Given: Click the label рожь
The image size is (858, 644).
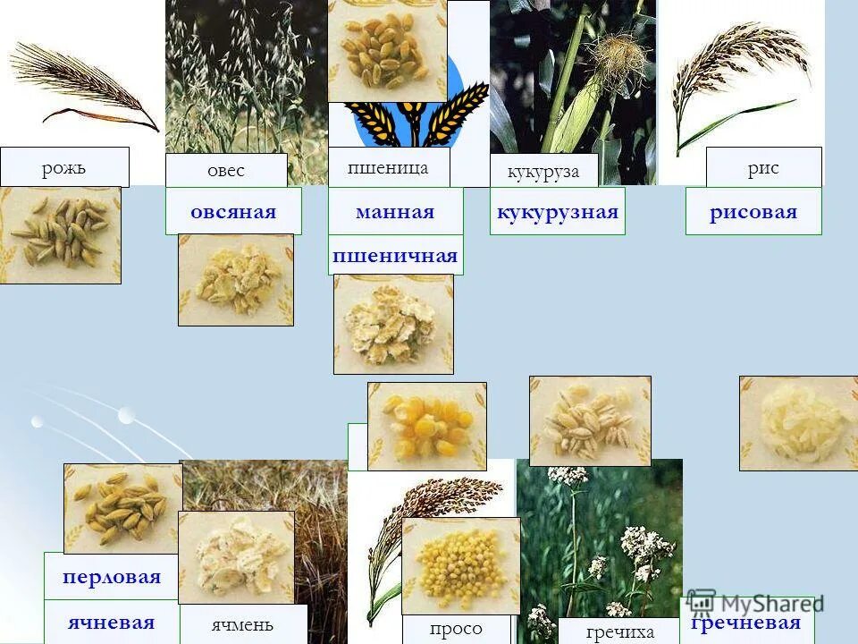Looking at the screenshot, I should point(64,167).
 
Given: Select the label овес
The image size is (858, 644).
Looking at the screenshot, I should point(226,171).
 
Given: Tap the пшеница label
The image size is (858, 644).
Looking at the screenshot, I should point(388,167).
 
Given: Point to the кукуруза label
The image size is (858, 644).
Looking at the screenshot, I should point(543,172).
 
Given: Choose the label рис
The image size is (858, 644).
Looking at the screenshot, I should point(763,168).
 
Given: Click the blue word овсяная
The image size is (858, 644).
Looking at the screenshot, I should point(233,212).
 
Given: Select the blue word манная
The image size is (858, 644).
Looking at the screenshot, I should point(395,212).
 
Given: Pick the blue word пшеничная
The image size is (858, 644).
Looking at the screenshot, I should point(395,256).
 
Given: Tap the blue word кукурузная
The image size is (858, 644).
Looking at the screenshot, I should point(557,212).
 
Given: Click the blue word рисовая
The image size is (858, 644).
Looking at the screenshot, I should point(753,212).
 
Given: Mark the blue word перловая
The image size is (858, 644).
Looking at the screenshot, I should point(112,577).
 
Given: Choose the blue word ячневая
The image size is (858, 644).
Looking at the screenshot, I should point(111,623).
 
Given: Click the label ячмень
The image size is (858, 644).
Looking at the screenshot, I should point(242,624).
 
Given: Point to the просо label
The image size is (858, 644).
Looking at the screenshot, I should point(456,629).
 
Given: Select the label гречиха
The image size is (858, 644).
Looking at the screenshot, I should point(620,631).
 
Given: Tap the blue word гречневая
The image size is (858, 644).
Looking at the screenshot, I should point(745,623).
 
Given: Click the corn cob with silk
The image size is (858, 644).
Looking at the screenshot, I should point(585,98).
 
